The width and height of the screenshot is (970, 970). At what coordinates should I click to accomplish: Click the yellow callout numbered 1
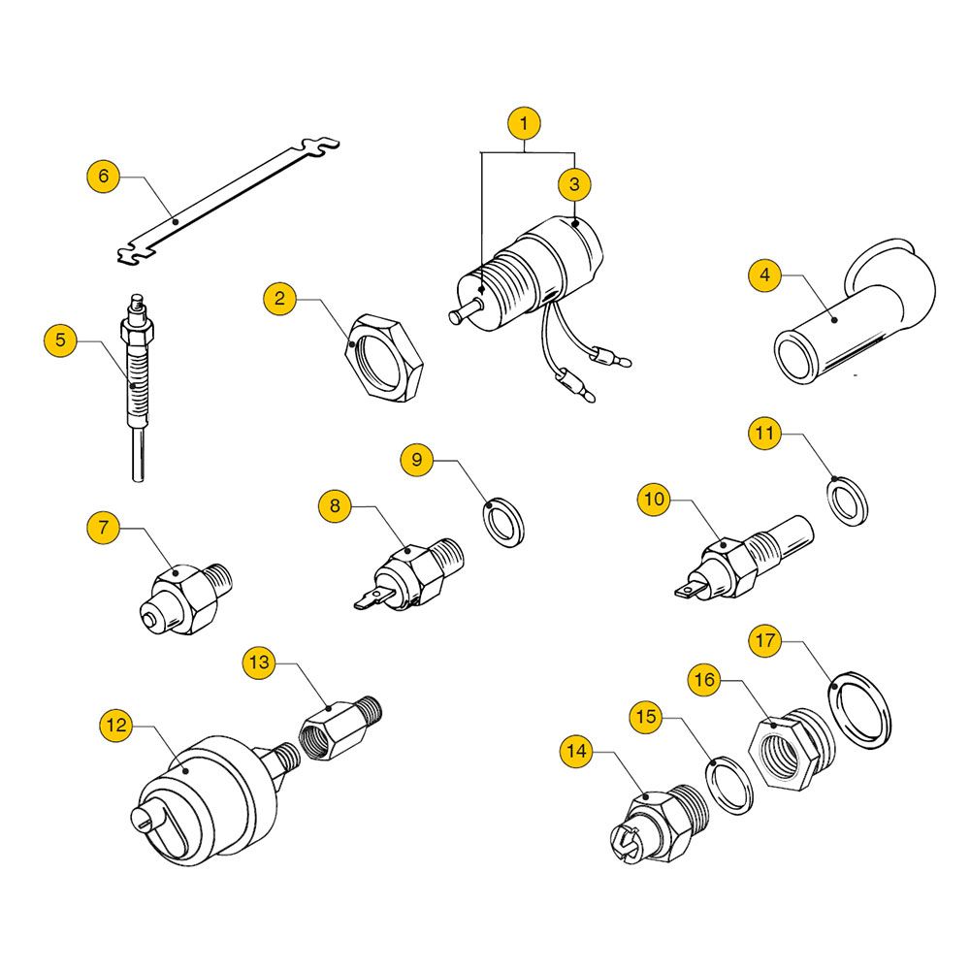click(524, 124)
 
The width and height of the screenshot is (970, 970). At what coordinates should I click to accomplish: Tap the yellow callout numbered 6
click(104, 176)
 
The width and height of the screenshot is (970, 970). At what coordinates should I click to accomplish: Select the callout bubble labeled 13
click(259, 663)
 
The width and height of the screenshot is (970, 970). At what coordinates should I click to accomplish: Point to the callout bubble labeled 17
click(765, 639)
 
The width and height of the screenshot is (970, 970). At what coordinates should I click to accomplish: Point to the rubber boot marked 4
click(854, 312)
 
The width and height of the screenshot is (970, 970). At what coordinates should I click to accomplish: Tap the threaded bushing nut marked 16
click(791, 748)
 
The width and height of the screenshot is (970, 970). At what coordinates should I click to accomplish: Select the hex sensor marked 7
click(186, 598)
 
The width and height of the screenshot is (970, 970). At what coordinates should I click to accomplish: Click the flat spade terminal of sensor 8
click(372, 598)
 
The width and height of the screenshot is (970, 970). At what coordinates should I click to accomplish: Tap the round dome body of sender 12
click(204, 798)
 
